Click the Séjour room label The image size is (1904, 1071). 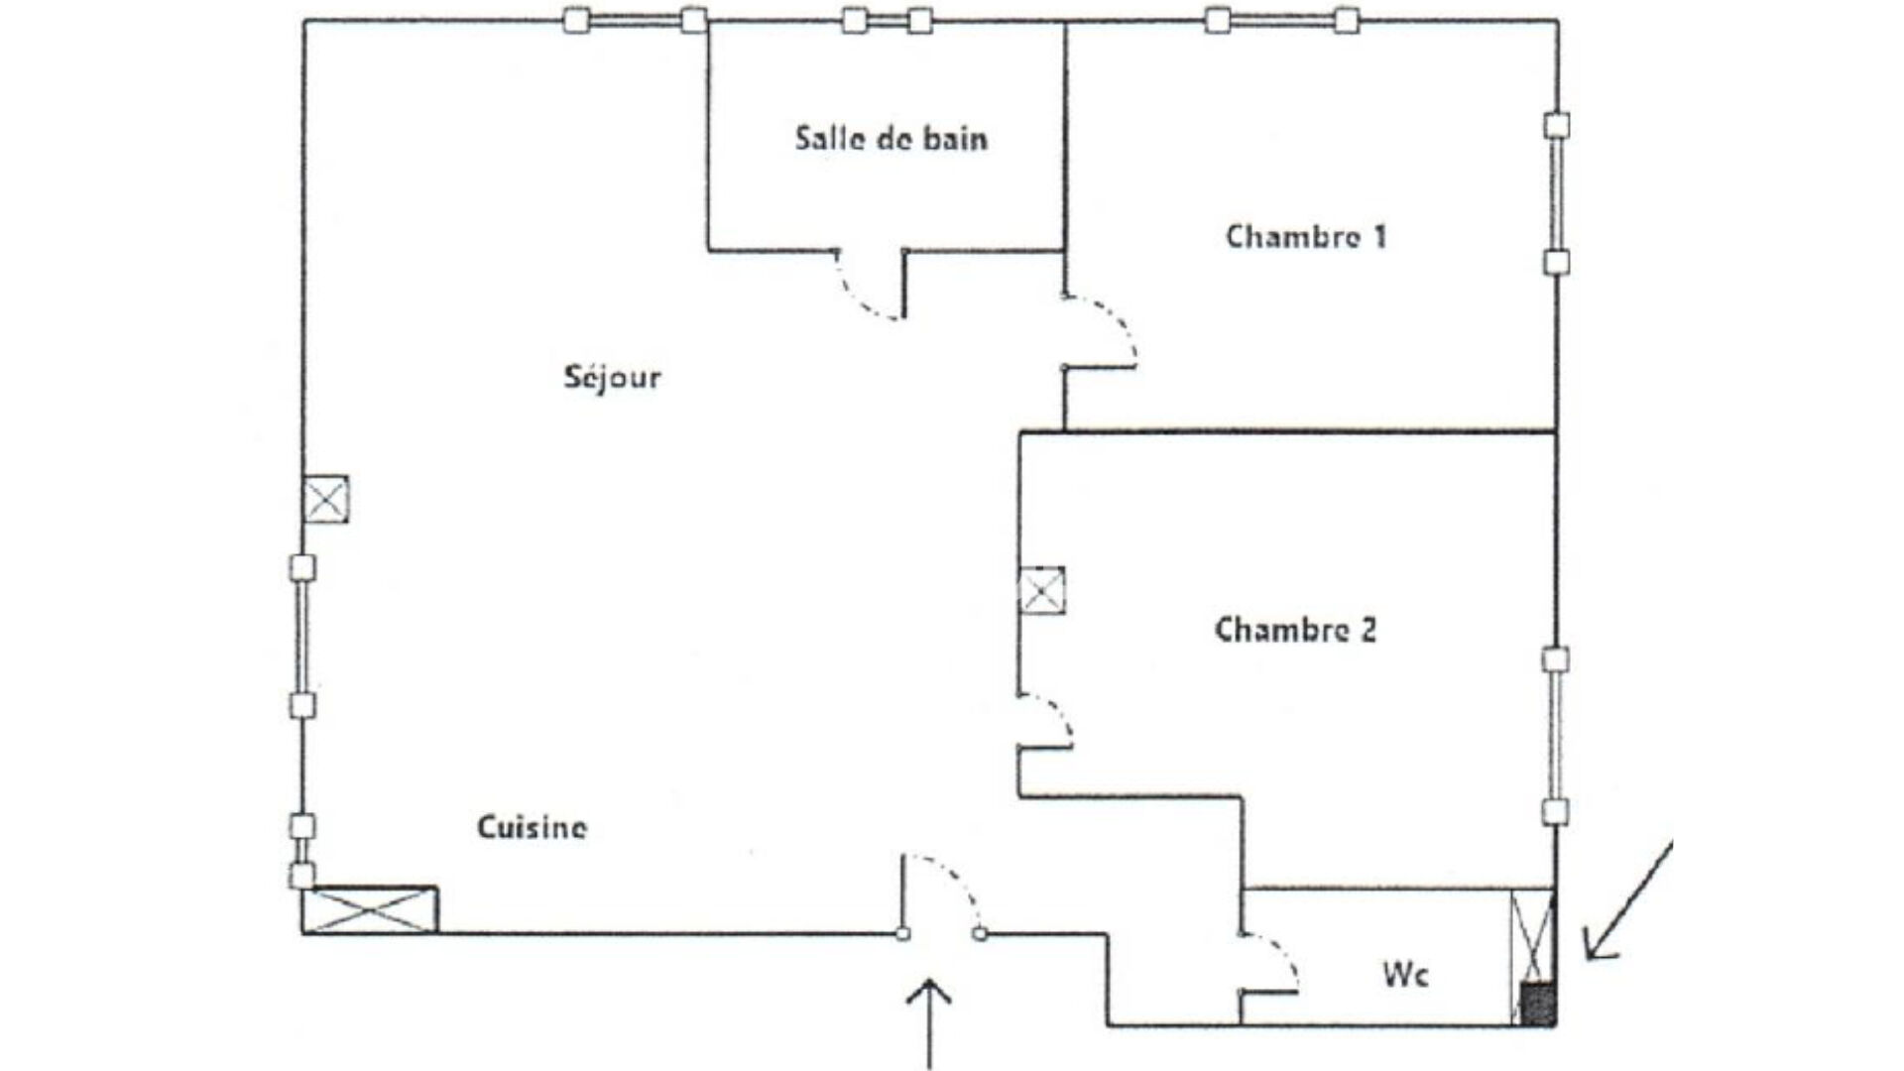click(612, 378)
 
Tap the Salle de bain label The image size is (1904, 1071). click(891, 138)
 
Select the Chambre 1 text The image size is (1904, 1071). click(1306, 237)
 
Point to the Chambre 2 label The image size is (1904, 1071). click(1295, 630)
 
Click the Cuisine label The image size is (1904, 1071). click(532, 827)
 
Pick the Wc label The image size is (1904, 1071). click(1405, 975)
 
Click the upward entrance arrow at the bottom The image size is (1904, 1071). click(929, 1021)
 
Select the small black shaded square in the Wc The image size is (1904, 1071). click(1537, 1003)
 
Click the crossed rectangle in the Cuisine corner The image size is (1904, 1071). click(370, 910)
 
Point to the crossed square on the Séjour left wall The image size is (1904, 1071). click(325, 499)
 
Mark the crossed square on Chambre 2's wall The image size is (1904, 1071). click(1041, 591)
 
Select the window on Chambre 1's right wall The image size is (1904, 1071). click(1557, 194)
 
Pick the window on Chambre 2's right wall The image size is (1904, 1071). click(1556, 736)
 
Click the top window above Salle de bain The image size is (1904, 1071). click(888, 20)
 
